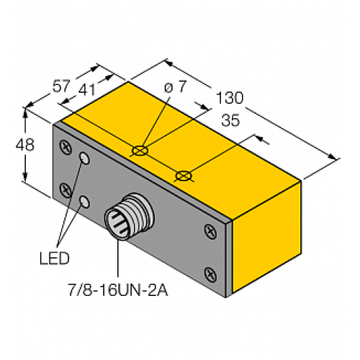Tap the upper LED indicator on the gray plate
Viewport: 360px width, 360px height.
[x=87, y=158]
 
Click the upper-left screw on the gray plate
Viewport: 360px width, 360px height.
[x=67, y=146]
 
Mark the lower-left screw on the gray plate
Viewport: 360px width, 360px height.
[x=66, y=190]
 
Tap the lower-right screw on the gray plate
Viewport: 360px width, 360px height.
[x=210, y=273]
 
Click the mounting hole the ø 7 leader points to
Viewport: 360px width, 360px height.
[x=140, y=151]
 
